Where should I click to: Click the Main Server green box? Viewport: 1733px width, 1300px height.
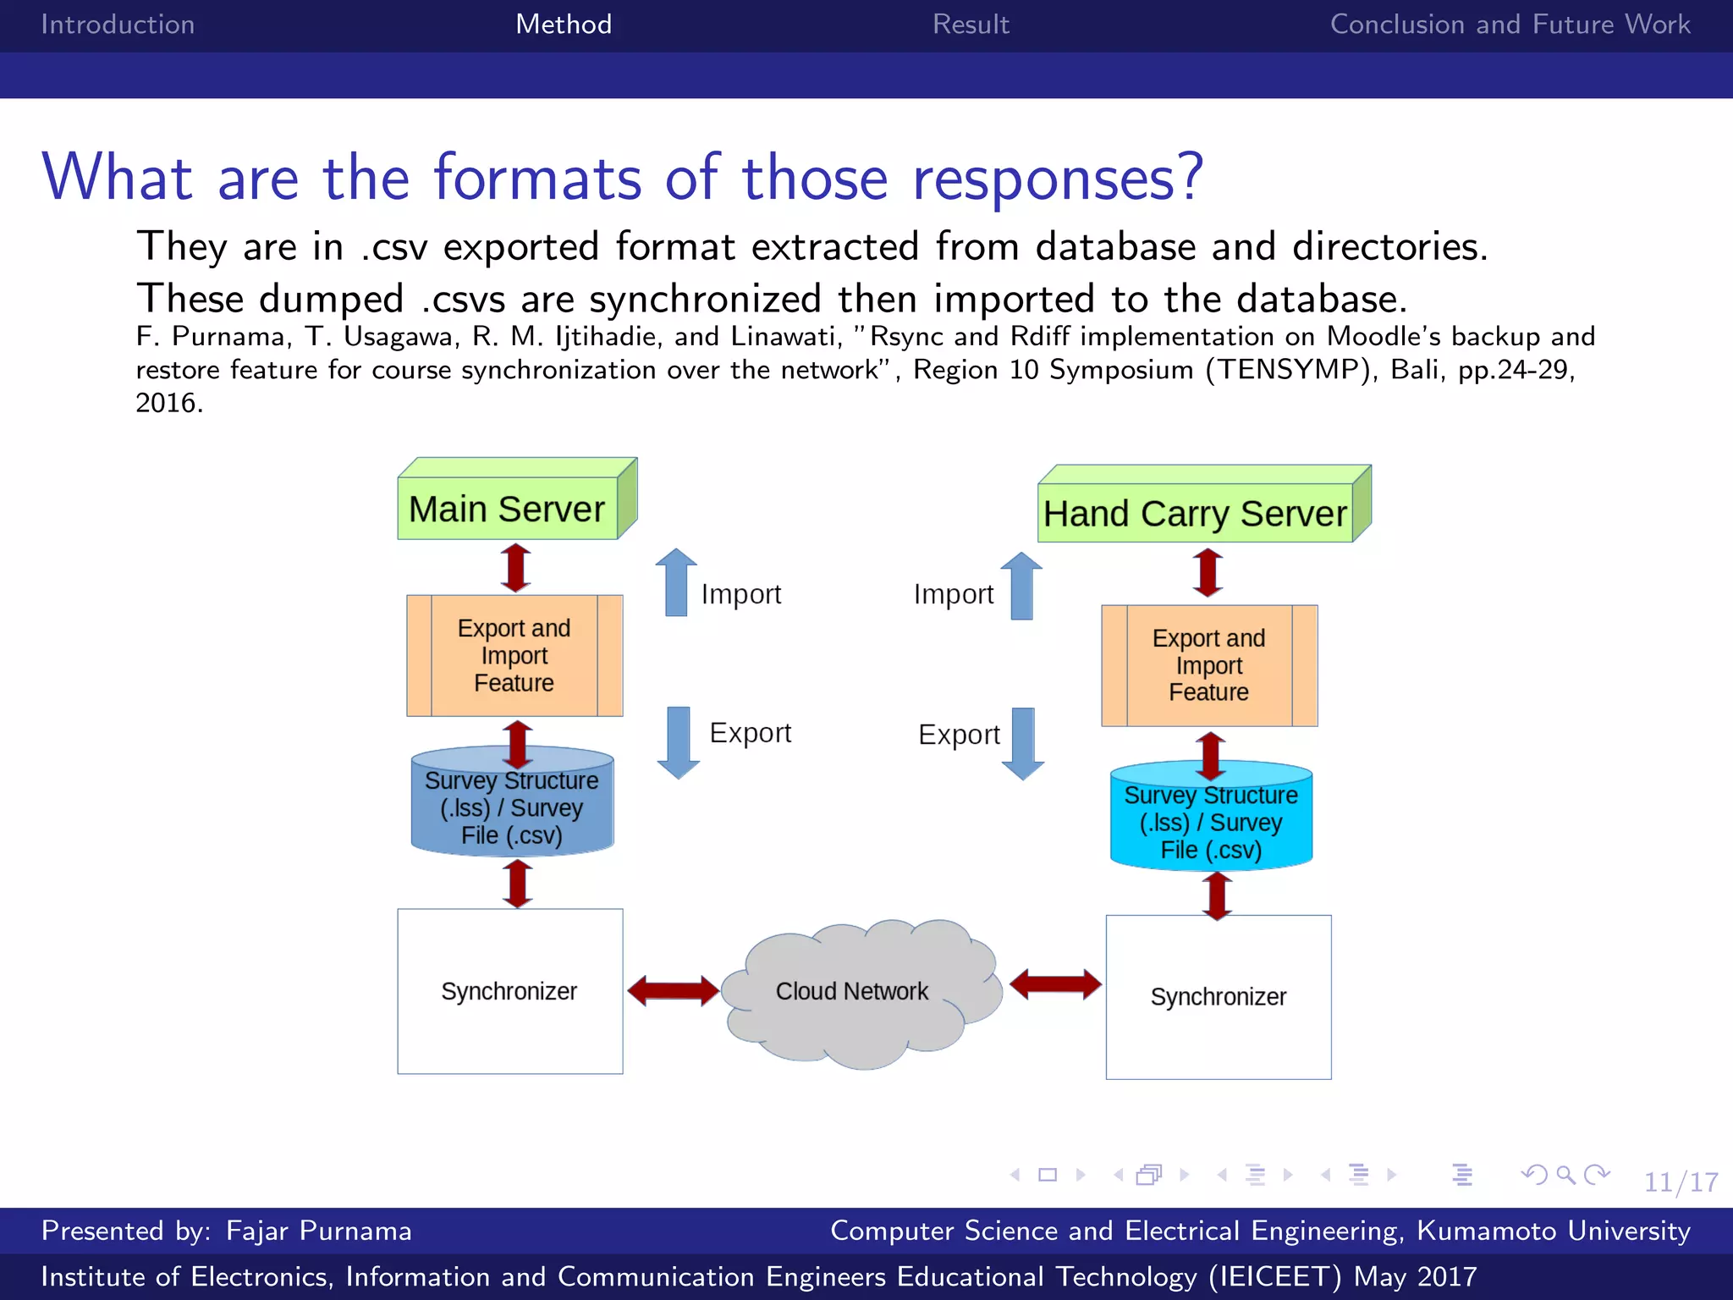point(508,509)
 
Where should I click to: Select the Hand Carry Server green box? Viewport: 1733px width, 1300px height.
point(1195,513)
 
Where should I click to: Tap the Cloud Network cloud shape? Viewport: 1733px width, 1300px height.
point(853,991)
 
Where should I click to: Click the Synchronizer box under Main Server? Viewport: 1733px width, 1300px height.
point(510,991)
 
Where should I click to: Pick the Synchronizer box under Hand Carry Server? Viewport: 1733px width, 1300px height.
point(1219,997)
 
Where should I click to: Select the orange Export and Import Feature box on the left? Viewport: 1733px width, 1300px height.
point(514,656)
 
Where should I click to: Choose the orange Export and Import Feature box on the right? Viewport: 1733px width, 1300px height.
point(1209,665)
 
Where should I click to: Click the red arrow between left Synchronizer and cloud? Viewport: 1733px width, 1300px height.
point(674,990)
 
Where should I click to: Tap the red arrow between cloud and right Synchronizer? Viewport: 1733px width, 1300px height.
point(1055,984)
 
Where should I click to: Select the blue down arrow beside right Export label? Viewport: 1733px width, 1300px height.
point(1023,743)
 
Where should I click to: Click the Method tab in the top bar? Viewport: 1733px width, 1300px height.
point(564,24)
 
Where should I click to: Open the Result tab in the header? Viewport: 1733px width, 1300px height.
point(971,24)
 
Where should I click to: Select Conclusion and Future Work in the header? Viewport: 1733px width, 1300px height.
point(1510,24)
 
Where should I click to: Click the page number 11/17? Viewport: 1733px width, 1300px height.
point(1681,1182)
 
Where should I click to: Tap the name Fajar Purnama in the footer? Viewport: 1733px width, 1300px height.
point(319,1230)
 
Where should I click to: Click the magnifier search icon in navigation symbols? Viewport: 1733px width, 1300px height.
point(1565,1175)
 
